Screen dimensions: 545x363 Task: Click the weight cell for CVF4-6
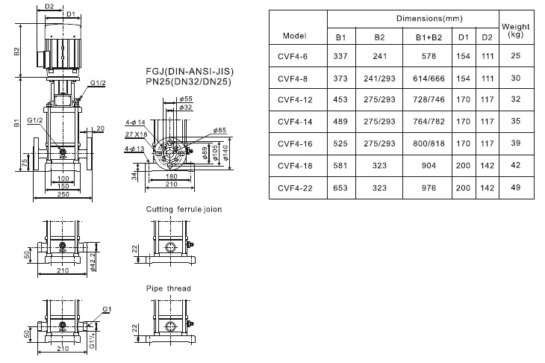pos(515,55)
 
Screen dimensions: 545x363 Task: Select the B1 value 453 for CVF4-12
pos(340,99)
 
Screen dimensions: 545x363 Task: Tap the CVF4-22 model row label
pos(295,188)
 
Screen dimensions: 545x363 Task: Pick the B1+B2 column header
pos(429,37)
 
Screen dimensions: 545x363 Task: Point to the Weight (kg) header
pos(515,30)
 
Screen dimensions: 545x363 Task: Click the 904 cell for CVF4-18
pos(429,166)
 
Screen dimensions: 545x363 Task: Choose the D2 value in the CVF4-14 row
pos(487,122)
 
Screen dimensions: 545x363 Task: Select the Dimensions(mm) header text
pos(429,19)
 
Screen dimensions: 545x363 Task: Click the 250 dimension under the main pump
pos(63,194)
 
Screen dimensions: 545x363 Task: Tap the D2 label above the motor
pos(50,6)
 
